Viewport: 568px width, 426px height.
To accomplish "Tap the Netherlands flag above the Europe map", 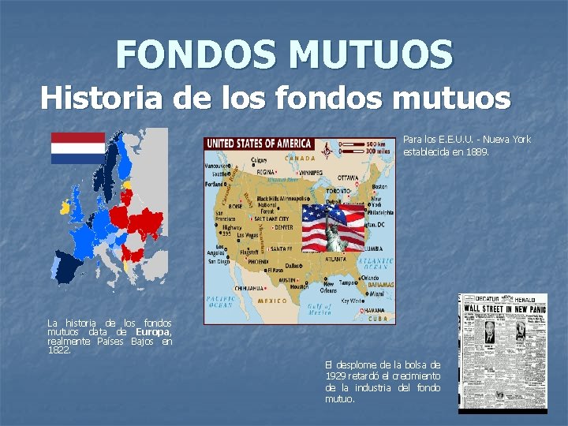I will [x=78, y=148].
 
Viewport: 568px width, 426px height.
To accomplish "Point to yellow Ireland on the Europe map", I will [x=63, y=208].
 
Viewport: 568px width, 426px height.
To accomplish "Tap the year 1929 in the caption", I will [x=337, y=376].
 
